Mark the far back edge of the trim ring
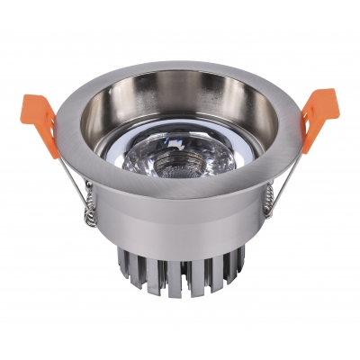coord(180,68)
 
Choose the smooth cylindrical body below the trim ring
coord(180,236)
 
